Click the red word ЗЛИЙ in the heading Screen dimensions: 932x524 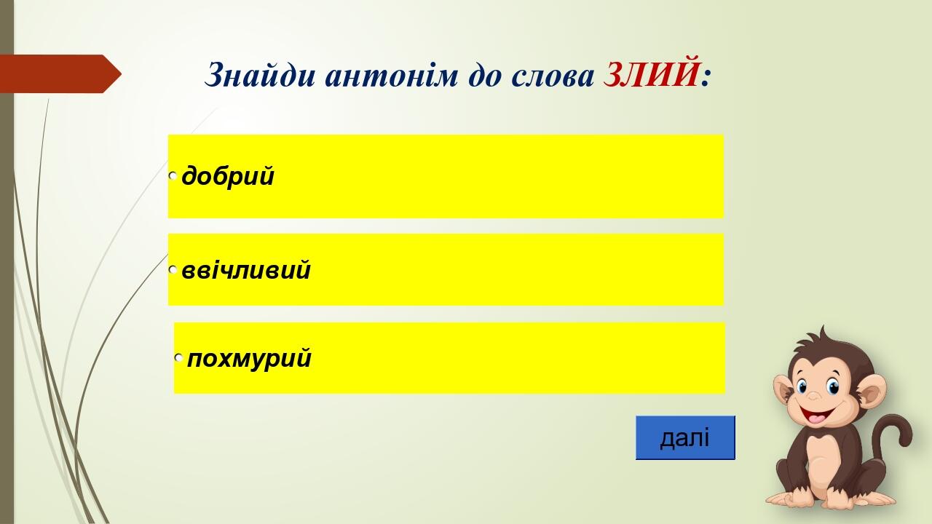[x=651, y=75]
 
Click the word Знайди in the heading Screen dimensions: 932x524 [x=260, y=75]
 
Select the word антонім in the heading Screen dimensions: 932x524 [x=391, y=76]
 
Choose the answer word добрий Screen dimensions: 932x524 [x=228, y=176]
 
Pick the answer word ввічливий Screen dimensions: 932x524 [x=246, y=269]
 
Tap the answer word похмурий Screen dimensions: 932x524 [x=249, y=359]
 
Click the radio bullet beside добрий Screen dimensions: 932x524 [x=173, y=176]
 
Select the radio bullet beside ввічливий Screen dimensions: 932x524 [x=173, y=269]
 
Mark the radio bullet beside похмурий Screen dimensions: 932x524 [x=178, y=357]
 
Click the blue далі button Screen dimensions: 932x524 [x=685, y=437]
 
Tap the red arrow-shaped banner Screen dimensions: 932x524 [x=60, y=74]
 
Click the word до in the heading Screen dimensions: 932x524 [x=485, y=77]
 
